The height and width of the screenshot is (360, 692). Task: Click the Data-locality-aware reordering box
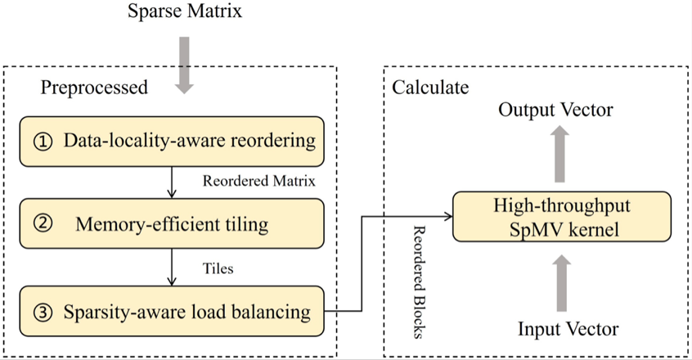coord(172,141)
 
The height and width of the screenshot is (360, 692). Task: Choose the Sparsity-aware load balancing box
coord(172,311)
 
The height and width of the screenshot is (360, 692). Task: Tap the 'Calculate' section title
coord(430,87)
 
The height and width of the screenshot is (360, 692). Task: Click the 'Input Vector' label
coord(568,330)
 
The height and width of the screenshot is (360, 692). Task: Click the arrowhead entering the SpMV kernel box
coord(449,217)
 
